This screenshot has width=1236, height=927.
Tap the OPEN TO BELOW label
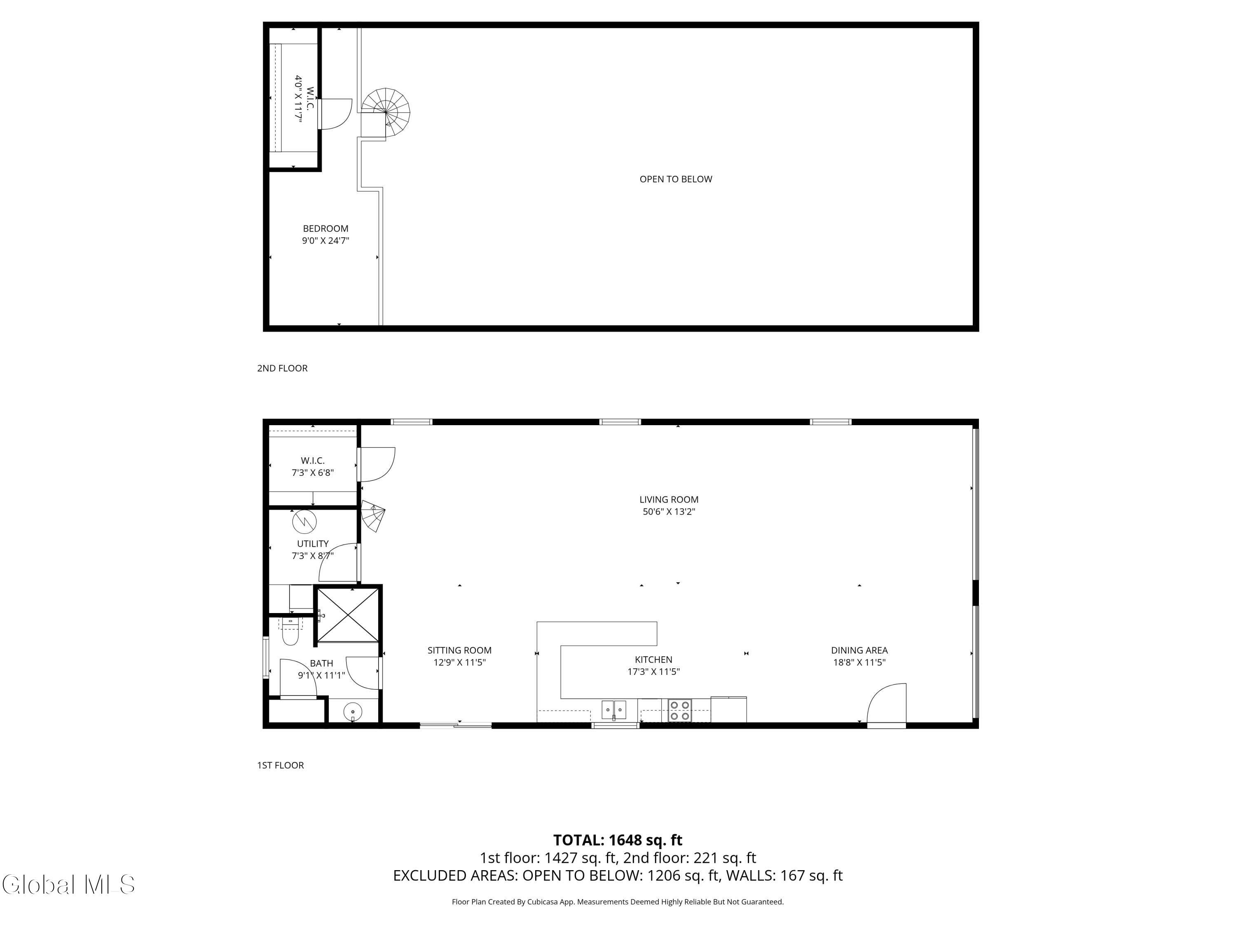[676, 179]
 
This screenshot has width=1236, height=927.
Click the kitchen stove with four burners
[679, 710]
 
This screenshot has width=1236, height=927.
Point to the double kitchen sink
[613, 709]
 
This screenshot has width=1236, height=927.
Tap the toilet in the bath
[290, 634]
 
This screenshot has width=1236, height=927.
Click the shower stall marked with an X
[348, 615]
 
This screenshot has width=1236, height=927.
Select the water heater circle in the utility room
[304, 521]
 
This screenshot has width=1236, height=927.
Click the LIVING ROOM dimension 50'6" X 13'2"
[668, 511]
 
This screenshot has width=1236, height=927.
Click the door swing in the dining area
[887, 704]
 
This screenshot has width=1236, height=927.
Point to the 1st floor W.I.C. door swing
[377, 464]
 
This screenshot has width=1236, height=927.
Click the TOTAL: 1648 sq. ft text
[618, 840]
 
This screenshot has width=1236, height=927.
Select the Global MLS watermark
[68, 885]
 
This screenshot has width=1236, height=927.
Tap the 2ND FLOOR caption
[282, 368]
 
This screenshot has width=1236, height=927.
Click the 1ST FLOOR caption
[281, 765]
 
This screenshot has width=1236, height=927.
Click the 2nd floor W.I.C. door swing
[335, 113]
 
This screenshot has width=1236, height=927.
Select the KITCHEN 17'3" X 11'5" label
[653, 665]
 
